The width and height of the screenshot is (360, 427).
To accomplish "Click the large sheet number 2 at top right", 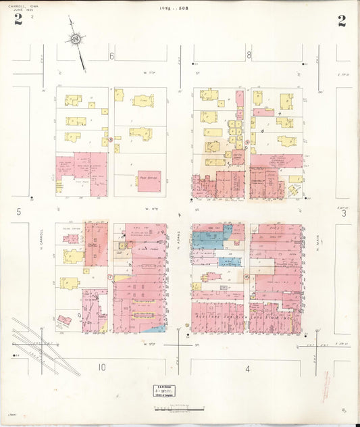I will (342, 20).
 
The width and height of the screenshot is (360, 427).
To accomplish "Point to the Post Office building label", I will (149, 178).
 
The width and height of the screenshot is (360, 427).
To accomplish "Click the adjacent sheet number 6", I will (112, 55).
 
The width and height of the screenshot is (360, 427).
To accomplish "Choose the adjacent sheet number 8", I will (249, 55).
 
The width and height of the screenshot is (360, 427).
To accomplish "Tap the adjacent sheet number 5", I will (20, 212).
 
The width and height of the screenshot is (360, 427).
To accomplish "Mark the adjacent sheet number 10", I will (101, 368).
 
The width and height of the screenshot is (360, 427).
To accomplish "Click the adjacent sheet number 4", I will (248, 368).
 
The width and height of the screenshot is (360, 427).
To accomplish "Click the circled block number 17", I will (109, 277).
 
